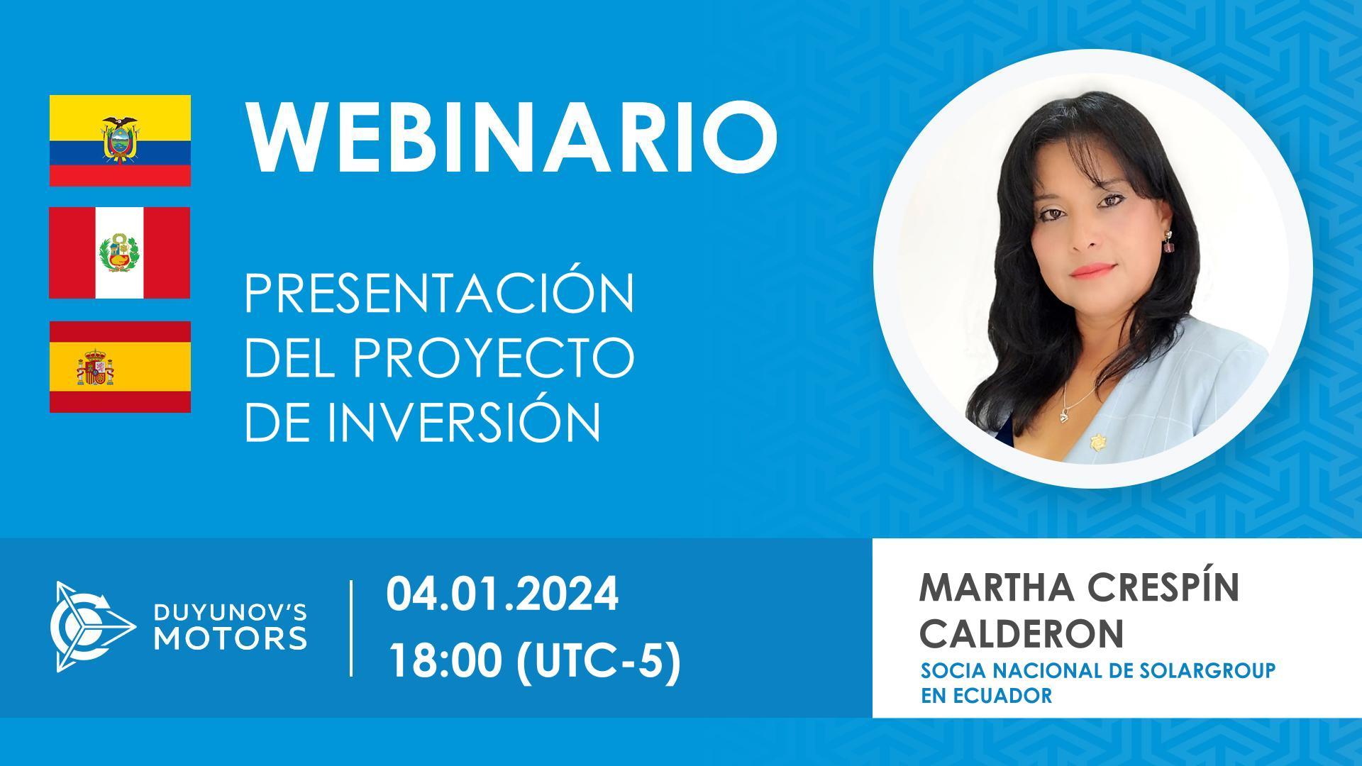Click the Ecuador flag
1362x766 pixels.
[x=120, y=140]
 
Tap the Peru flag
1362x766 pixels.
[x=120, y=252]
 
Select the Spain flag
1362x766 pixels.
[x=120, y=367]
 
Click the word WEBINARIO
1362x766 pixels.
[x=511, y=139]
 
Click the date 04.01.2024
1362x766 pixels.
[x=502, y=594]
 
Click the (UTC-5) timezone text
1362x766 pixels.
[x=597, y=662]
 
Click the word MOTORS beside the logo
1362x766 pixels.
[x=231, y=638]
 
